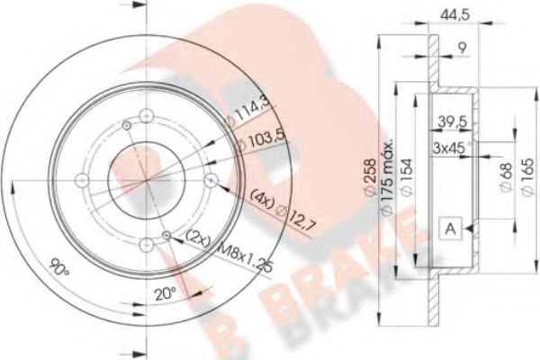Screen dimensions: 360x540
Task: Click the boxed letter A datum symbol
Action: [447, 229]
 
